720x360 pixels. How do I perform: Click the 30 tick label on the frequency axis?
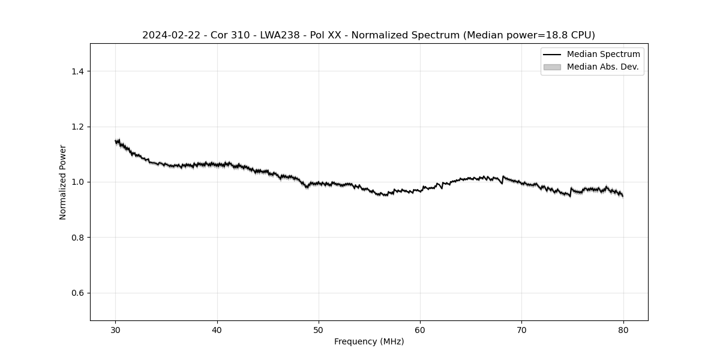[x=116, y=330]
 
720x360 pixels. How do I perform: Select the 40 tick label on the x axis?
[x=217, y=330]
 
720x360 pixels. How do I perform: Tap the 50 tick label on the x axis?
[x=319, y=330]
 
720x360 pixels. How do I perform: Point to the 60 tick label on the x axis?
[x=420, y=330]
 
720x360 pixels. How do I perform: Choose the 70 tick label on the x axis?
[x=521, y=330]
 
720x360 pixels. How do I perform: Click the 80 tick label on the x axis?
[x=623, y=330]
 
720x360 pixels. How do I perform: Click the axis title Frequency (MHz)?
[x=369, y=341]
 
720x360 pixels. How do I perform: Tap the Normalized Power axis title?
[x=63, y=182]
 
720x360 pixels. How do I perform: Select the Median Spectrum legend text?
[x=603, y=55]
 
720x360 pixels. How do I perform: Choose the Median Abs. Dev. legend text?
[x=602, y=67]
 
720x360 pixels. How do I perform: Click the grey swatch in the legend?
[x=552, y=67]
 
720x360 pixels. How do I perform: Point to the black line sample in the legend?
[x=552, y=55]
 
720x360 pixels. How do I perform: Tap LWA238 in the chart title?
[x=280, y=35]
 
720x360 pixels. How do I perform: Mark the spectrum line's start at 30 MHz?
[x=116, y=142]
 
